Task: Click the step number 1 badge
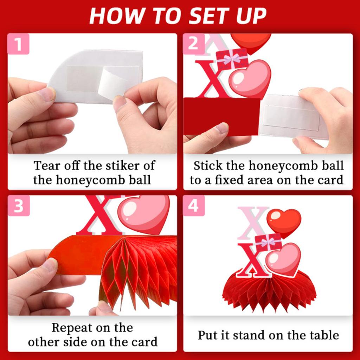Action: coord(18,44)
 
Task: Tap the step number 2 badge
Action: coord(193,44)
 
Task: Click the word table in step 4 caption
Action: coord(323,335)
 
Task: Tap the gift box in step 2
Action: coord(232,59)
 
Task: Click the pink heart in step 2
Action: coord(250,78)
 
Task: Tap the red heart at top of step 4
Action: coord(284,221)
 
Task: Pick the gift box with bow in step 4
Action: coord(268,242)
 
